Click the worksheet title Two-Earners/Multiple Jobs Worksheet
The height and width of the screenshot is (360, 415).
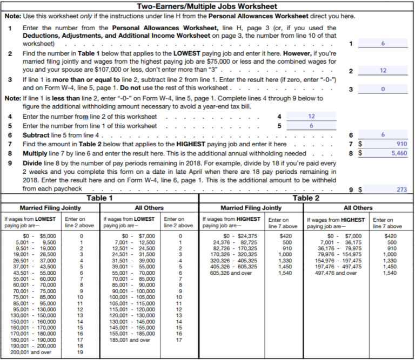click(207, 6)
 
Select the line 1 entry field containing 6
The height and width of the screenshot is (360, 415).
click(382, 44)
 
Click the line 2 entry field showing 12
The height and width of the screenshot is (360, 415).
click(382, 71)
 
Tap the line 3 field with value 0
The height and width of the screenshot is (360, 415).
click(382, 89)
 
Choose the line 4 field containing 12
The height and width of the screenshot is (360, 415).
click(311, 116)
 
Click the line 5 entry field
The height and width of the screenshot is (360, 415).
click(311, 125)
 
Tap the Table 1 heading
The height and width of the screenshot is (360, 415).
click(100, 198)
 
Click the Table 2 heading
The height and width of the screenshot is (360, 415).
click(306, 198)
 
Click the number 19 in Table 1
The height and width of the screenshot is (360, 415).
click(81, 351)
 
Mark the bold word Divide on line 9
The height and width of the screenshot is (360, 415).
click(33, 162)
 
